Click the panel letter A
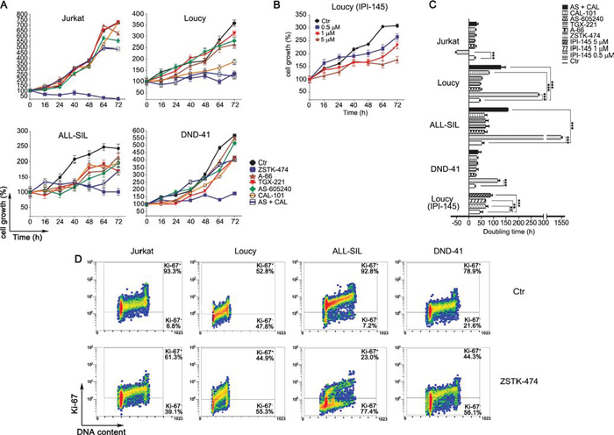(5, 7)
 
